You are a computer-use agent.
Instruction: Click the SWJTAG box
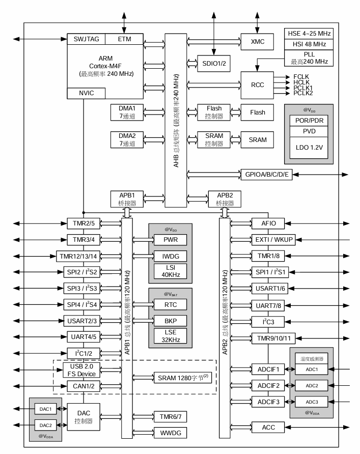tap(86, 39)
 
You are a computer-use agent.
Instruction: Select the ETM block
tap(124, 39)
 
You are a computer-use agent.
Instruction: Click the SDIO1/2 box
tap(214, 64)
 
